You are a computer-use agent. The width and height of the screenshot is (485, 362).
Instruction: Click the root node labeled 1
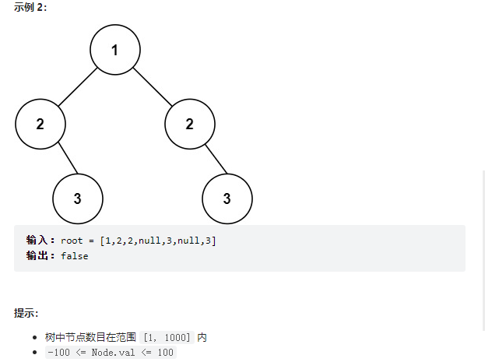click(114, 50)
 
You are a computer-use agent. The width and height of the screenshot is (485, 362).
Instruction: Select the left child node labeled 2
click(40, 124)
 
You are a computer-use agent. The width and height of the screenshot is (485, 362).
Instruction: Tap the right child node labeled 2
click(189, 124)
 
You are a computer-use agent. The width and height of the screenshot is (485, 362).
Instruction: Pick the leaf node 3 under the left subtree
click(77, 198)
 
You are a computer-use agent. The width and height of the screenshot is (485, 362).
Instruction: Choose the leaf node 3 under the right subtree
click(227, 198)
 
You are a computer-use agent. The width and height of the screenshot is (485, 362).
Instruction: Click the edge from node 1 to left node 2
click(77, 86)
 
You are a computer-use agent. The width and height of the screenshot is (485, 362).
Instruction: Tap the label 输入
click(39, 241)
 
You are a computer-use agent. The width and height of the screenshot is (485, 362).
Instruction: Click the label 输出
click(39, 255)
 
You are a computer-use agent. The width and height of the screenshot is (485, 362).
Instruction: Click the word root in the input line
click(71, 241)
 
